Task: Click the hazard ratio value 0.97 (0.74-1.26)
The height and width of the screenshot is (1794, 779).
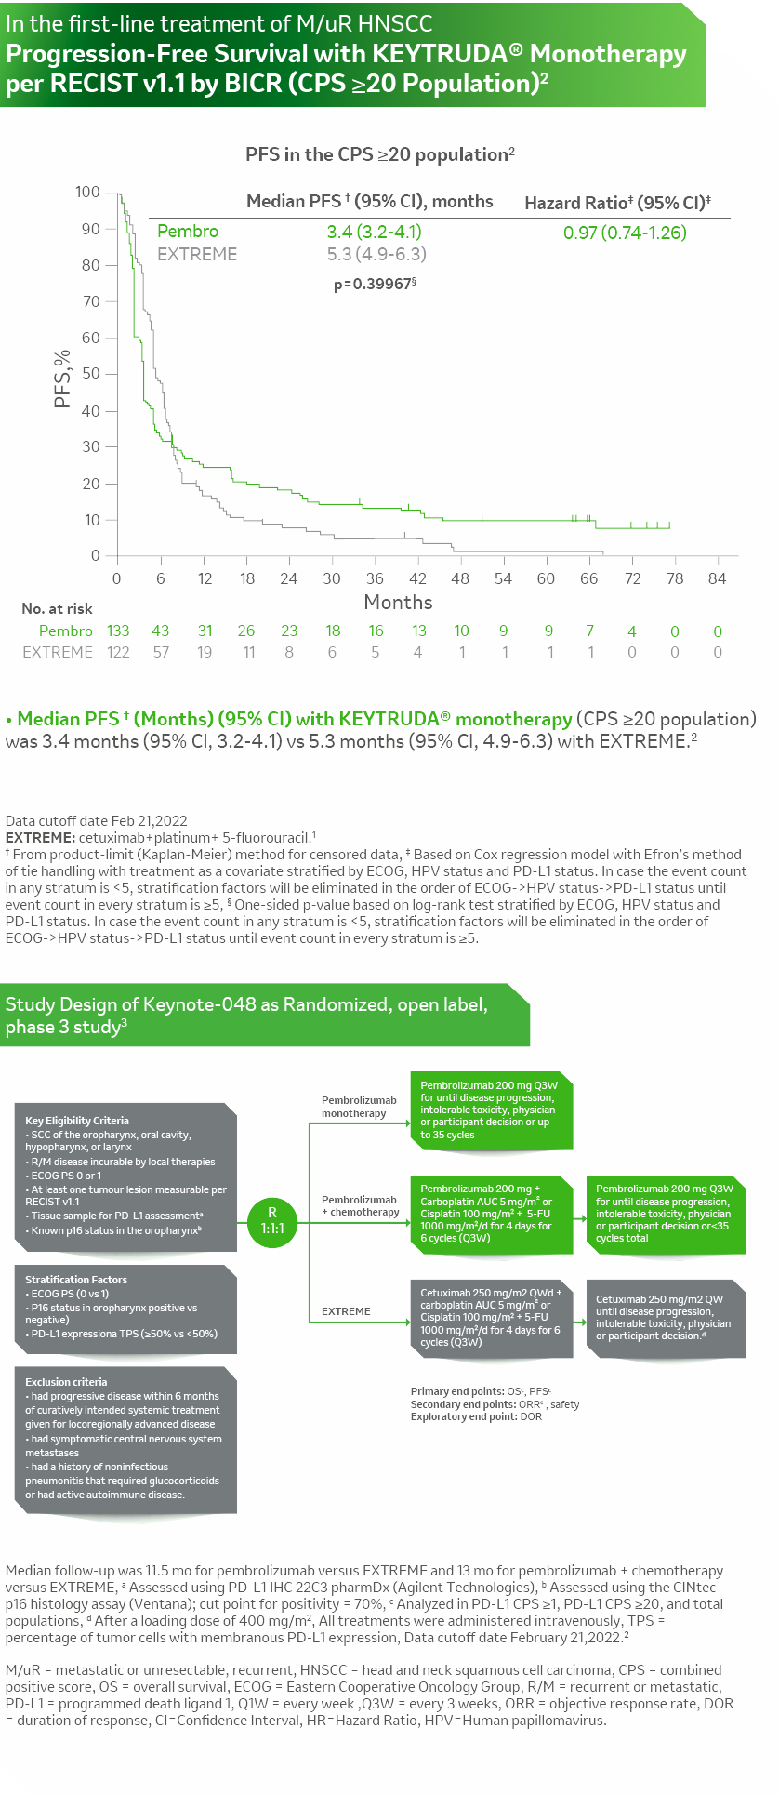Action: [x=625, y=232]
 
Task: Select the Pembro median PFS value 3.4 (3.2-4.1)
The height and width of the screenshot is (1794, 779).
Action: [x=374, y=232]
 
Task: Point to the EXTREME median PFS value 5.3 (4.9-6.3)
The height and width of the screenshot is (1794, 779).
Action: [x=376, y=254]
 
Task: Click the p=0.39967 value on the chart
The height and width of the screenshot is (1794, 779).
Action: [x=374, y=284]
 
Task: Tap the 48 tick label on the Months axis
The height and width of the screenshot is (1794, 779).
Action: [x=460, y=578]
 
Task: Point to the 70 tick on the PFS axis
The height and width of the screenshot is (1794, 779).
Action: [x=90, y=301]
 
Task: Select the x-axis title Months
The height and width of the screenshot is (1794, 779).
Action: [x=398, y=602]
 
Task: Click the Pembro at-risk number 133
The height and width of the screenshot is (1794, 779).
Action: [x=118, y=631]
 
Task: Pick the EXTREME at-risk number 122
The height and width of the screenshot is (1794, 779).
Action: [x=118, y=652]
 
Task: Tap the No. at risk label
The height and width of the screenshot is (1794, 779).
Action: [x=57, y=608]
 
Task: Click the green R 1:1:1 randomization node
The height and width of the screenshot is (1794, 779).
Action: [x=272, y=1220]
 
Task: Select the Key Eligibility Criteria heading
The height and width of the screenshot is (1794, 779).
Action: [x=77, y=1121]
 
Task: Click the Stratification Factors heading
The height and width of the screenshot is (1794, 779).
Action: [x=76, y=1280]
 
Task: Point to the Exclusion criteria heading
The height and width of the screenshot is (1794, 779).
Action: [x=66, y=1382]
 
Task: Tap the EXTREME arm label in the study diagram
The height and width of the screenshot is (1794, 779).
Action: [x=346, y=1311]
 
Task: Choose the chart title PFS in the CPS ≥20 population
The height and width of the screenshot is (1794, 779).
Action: [x=379, y=154]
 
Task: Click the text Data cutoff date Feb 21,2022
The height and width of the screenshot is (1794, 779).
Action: [x=97, y=820]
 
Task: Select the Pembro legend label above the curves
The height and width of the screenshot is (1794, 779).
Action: [x=188, y=232]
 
